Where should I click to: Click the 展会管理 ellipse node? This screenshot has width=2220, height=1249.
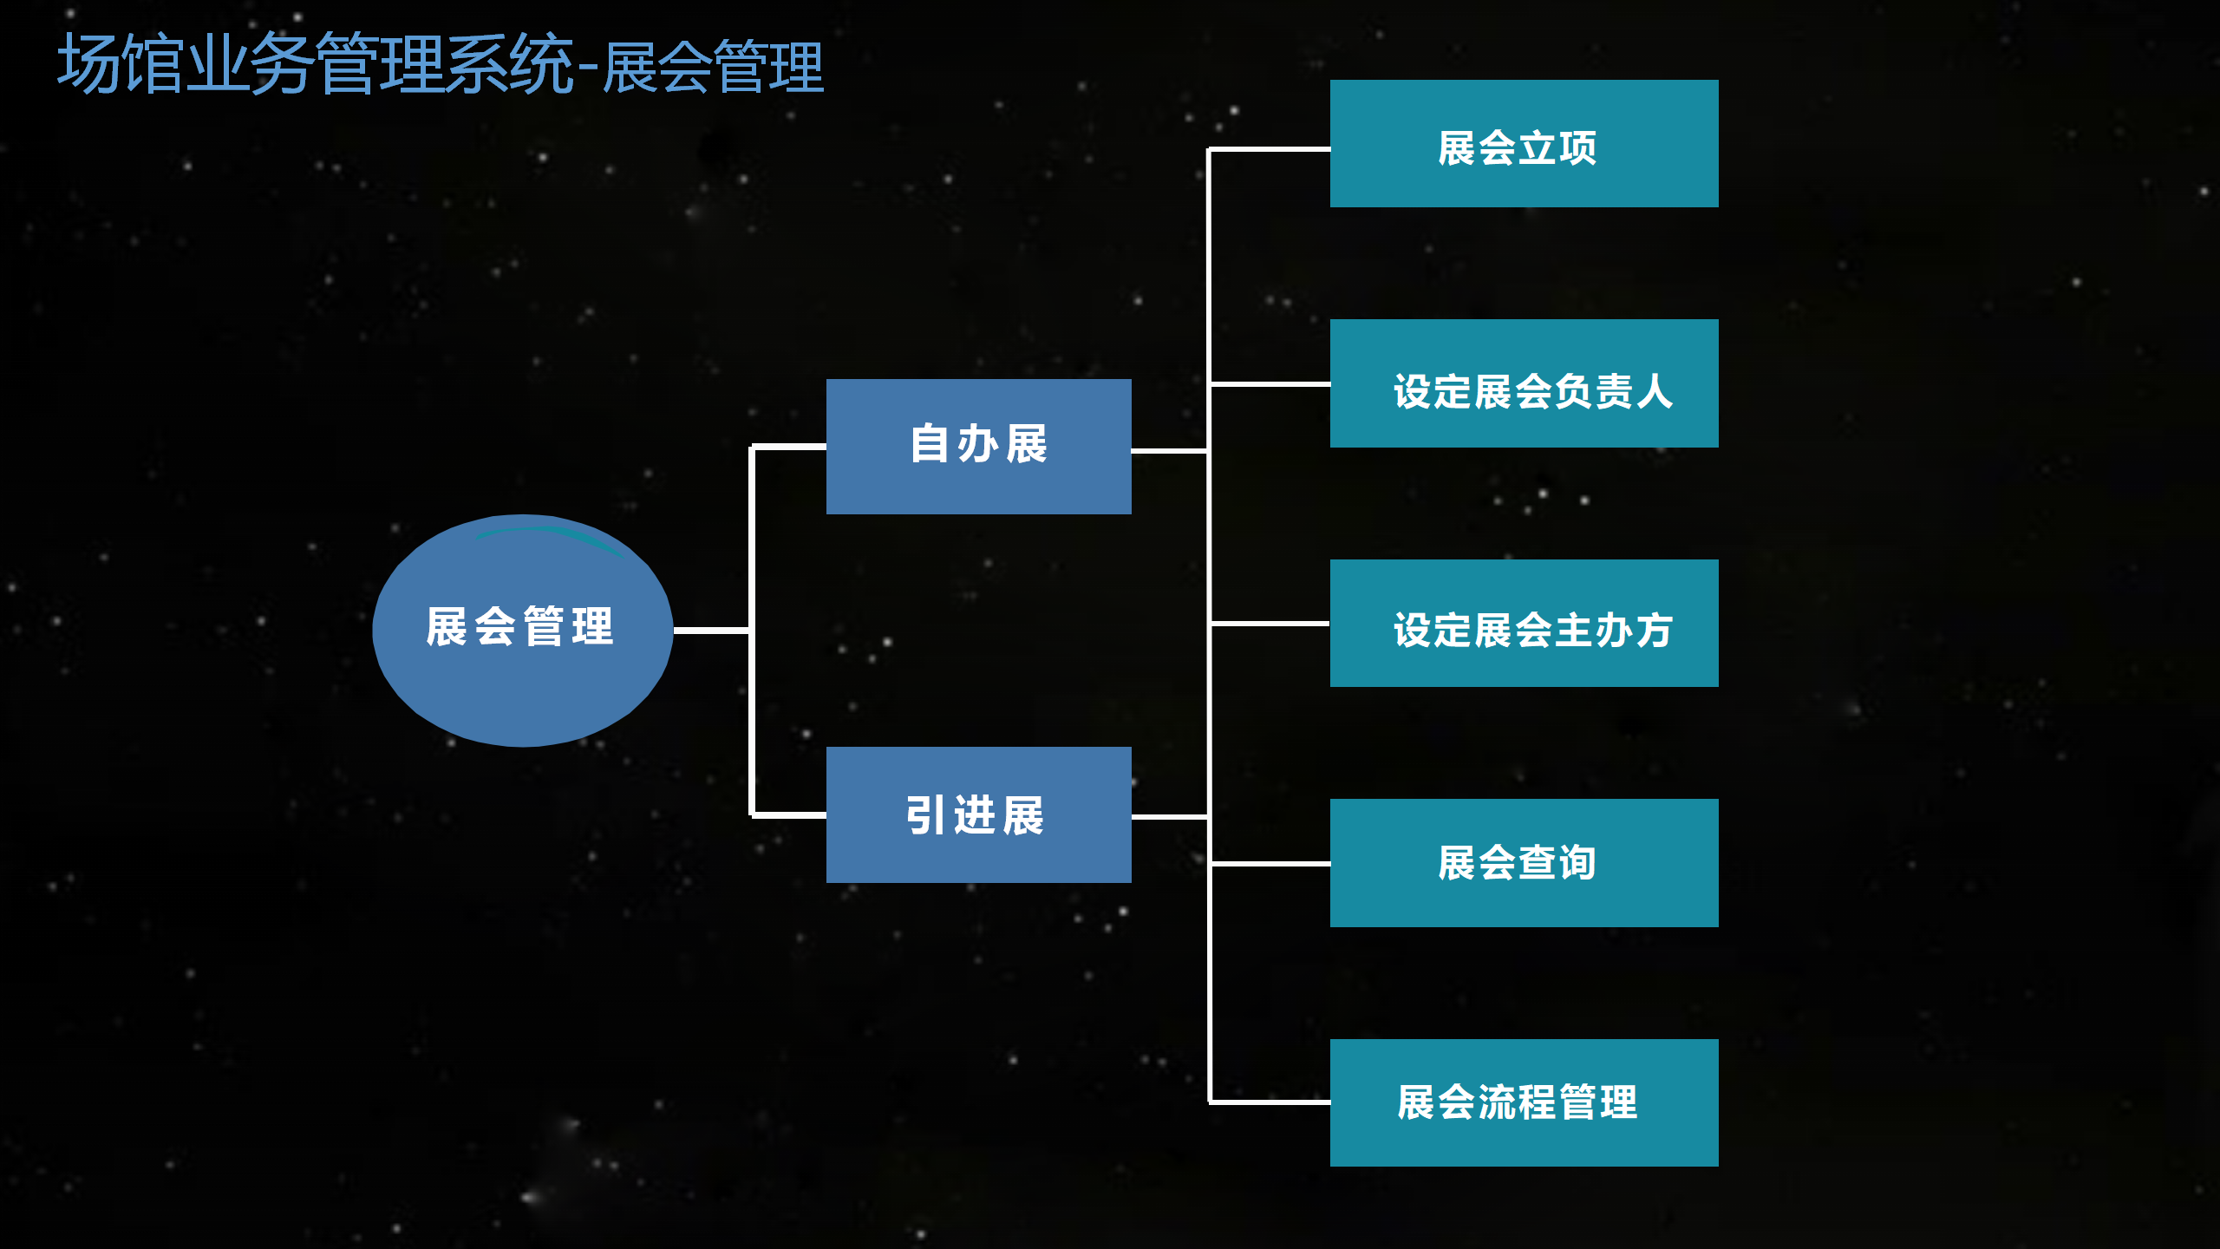click(x=523, y=631)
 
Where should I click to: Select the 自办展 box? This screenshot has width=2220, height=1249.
click(x=978, y=447)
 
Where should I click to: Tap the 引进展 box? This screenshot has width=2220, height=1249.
click(x=978, y=814)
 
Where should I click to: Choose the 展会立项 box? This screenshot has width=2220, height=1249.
click(x=1524, y=144)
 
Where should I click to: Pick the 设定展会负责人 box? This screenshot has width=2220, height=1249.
click(x=1524, y=383)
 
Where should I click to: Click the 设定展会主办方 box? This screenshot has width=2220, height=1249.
click(x=1524, y=623)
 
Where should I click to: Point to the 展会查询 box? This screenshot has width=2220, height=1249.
click(x=1524, y=863)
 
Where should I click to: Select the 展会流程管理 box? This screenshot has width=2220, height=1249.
click(x=1524, y=1102)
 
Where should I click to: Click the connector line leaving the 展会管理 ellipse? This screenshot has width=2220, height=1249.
click(x=712, y=631)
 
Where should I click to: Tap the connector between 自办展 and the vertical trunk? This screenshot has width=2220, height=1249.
click(x=1170, y=451)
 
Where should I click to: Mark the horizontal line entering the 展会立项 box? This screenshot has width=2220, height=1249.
click(x=1270, y=149)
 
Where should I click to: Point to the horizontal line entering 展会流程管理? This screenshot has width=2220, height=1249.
click(x=1270, y=1102)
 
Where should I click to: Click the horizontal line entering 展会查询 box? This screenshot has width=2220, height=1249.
click(x=1270, y=864)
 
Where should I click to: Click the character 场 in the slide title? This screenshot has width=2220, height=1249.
click(x=88, y=63)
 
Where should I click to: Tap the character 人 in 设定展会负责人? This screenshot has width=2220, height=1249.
click(x=1654, y=391)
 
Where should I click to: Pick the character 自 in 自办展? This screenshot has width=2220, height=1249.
click(x=930, y=444)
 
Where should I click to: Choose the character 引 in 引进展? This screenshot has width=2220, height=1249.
click(x=926, y=815)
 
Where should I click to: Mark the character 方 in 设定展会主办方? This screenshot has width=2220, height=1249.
click(x=1654, y=631)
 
